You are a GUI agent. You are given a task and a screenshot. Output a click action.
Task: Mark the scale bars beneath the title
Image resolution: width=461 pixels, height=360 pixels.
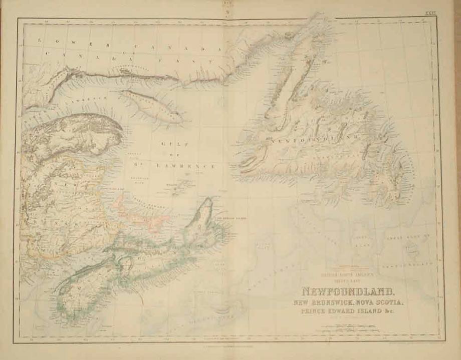coord(351,328)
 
